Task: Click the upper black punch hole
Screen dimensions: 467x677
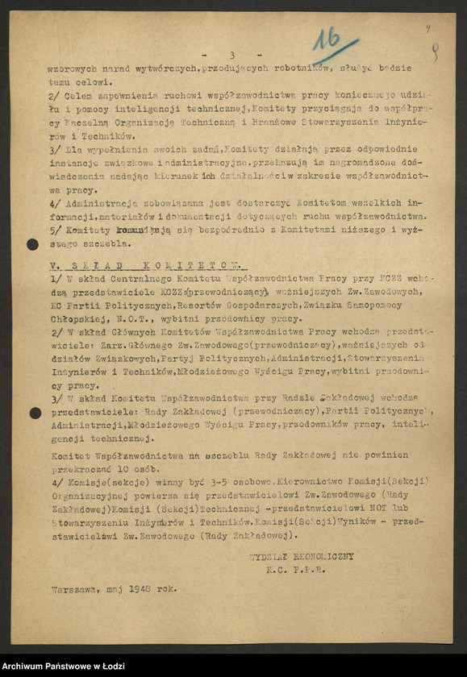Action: [x=33, y=244]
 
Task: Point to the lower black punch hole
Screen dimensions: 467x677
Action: [x=35, y=413]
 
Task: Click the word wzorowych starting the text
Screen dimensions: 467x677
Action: [x=73, y=70]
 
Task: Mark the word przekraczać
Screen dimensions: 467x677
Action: [x=77, y=467]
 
